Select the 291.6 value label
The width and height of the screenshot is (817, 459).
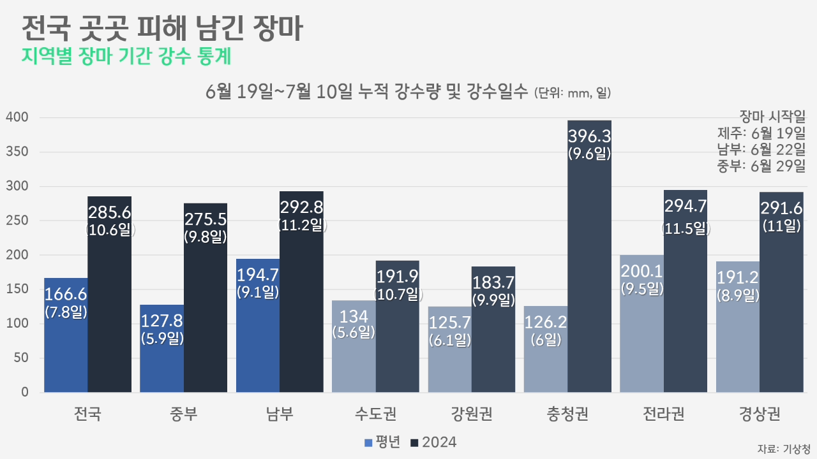[781, 208]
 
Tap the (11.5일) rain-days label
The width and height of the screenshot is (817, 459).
[686, 227]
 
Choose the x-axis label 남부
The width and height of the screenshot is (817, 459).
[280, 414]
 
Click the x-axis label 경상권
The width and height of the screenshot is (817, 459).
[760, 414]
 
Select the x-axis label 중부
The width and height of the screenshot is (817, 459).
[184, 414]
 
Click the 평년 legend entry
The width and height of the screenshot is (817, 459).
[382, 442]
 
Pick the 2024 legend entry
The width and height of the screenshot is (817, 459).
[434, 442]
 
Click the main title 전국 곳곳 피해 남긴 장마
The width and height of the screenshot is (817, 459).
[162, 29]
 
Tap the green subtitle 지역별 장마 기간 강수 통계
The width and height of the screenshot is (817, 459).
[126, 57]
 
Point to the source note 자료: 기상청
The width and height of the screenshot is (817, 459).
[783, 448]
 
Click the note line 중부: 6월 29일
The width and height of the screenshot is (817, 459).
[761, 167]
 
